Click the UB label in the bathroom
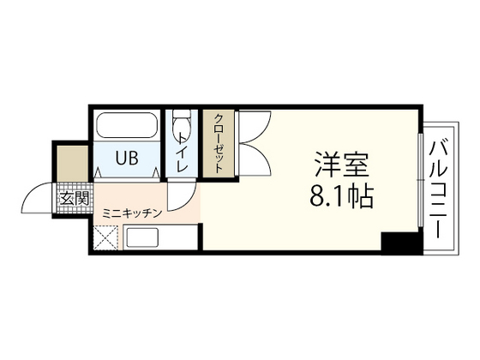pos(128,158)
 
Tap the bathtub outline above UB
pos(127,128)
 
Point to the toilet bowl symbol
pos(181,129)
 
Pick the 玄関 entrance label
pos(73,200)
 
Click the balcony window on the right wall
pos(420,181)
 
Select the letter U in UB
pos(122,158)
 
